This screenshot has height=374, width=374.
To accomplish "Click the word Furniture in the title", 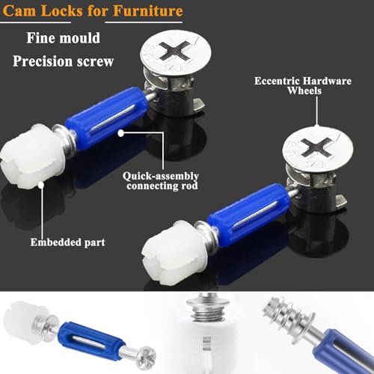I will [x=150, y=11].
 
